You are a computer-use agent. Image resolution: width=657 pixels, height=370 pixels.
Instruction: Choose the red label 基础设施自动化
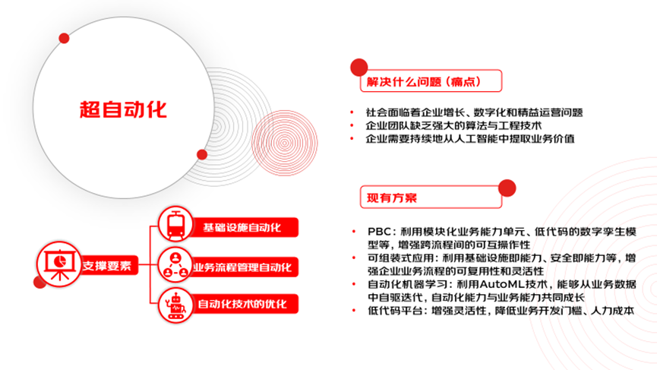click(x=242, y=227)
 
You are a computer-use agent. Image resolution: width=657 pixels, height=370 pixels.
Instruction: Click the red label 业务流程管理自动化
click(x=242, y=267)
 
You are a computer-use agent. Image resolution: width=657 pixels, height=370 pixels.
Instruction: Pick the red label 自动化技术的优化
click(x=242, y=305)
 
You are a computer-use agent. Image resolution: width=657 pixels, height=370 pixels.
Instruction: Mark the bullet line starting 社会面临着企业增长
click(x=474, y=112)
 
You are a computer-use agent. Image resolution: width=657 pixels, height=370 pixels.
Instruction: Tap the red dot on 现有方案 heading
click(x=505, y=184)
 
